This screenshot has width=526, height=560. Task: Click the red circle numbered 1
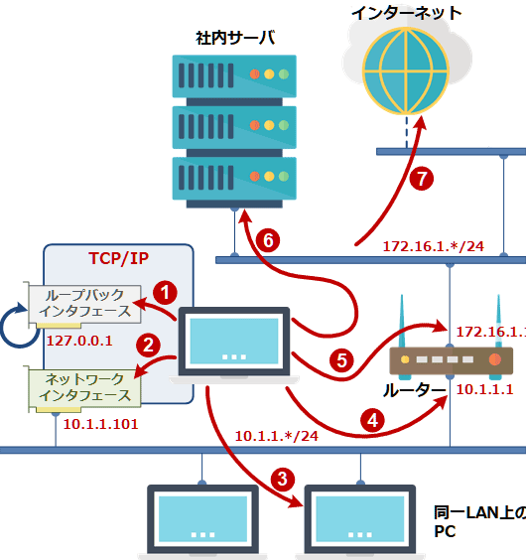click(168, 292)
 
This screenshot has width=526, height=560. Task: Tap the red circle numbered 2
click(148, 346)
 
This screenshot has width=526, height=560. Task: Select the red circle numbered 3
click(283, 478)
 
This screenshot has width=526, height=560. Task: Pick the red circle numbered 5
click(342, 359)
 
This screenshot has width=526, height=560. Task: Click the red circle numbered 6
click(265, 239)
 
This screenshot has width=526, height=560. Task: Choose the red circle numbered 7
click(423, 180)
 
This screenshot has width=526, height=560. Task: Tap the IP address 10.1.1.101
click(99, 424)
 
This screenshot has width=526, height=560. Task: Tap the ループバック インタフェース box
click(85, 304)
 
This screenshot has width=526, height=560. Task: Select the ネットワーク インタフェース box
click(85, 387)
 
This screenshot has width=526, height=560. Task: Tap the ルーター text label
click(408, 390)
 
